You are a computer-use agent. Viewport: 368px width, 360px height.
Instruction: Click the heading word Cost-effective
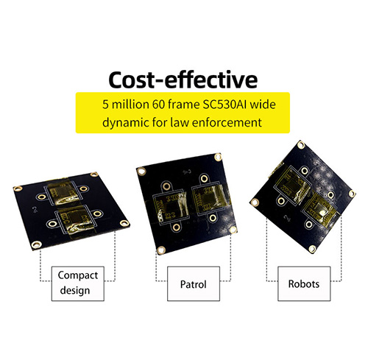click(x=183, y=80)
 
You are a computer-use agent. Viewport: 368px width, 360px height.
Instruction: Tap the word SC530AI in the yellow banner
click(x=224, y=105)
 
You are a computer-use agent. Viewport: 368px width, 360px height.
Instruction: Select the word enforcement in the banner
click(x=227, y=122)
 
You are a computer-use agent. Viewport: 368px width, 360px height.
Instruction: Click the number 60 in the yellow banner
click(x=158, y=105)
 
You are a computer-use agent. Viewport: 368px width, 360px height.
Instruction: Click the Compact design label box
click(x=78, y=283)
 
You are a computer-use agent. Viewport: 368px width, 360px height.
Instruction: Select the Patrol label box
click(x=194, y=283)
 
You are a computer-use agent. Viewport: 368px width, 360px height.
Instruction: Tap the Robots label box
click(x=304, y=283)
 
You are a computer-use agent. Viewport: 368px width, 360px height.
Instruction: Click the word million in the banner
click(x=130, y=105)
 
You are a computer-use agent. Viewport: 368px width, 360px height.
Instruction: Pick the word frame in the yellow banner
click(x=184, y=105)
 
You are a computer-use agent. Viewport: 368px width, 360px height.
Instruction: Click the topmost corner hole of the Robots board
click(x=301, y=145)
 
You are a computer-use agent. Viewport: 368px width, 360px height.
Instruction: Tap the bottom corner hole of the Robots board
click(x=312, y=249)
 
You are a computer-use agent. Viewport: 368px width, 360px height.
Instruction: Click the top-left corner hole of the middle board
click(x=141, y=171)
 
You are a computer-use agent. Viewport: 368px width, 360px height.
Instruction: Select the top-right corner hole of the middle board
click(x=218, y=157)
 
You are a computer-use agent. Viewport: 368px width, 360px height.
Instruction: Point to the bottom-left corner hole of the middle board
click(x=161, y=250)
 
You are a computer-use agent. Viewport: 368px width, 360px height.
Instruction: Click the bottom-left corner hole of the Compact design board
click(x=36, y=244)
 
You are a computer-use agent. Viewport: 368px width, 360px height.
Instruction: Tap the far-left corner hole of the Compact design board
click(x=18, y=188)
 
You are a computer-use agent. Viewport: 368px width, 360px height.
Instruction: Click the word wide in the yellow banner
click(x=263, y=105)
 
